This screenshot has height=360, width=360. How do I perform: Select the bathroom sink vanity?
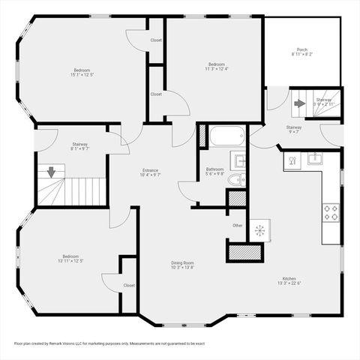tap(240, 160)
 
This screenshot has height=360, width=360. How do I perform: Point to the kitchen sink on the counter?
tap(316, 158)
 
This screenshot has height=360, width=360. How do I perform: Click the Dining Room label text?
tap(182, 265)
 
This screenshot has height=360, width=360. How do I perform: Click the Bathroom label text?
tap(214, 172)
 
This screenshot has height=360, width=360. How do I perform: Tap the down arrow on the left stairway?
tap(51, 172)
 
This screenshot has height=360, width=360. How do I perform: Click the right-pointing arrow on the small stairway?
tap(299, 103)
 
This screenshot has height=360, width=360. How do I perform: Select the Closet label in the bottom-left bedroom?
tap(129, 285)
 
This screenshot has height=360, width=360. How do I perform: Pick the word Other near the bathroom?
tap(237, 225)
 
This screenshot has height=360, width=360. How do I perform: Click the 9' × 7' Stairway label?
tap(294, 130)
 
